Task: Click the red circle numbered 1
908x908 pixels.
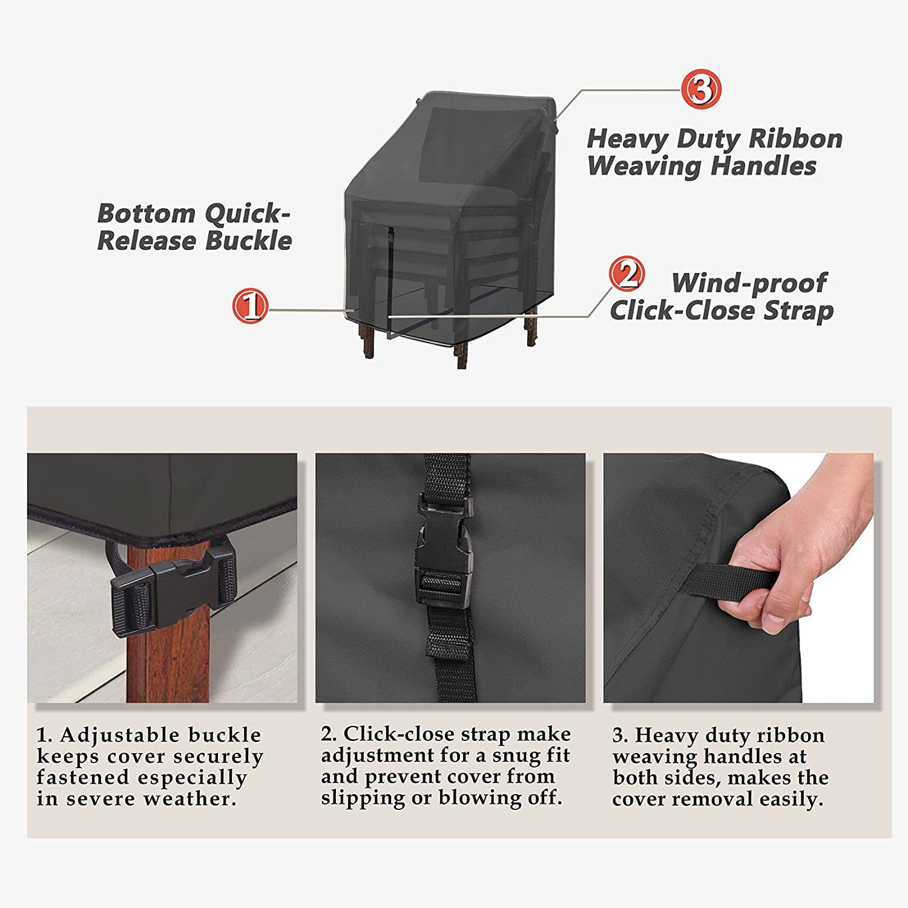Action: [x=250, y=306]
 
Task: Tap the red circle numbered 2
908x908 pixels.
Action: [x=627, y=274]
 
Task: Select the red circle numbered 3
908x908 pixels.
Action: [x=702, y=89]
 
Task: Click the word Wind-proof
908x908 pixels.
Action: [x=749, y=283]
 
